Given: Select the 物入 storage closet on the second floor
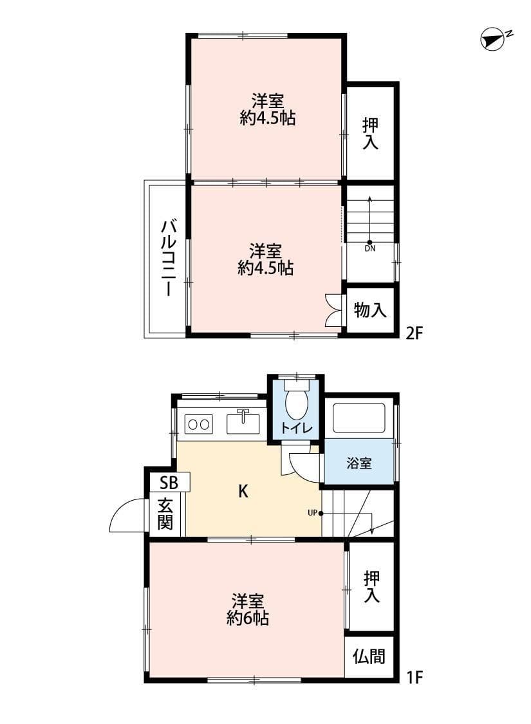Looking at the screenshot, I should pos(370,310).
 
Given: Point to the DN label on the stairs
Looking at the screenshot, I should pos(369,247).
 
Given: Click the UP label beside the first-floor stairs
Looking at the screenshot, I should pos(312,513).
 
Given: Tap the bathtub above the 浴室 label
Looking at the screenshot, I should pos(359,418).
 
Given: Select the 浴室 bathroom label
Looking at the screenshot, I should pos(359,463).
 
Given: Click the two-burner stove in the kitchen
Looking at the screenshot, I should pos(198,424).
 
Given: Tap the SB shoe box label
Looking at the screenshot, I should pos(169,481).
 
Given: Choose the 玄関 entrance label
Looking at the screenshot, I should pos(165,514).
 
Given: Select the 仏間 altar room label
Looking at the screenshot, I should pos(369,656).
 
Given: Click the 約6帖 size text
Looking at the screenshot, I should pos(247,618).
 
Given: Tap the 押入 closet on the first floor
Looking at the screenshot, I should pos(371,586).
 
